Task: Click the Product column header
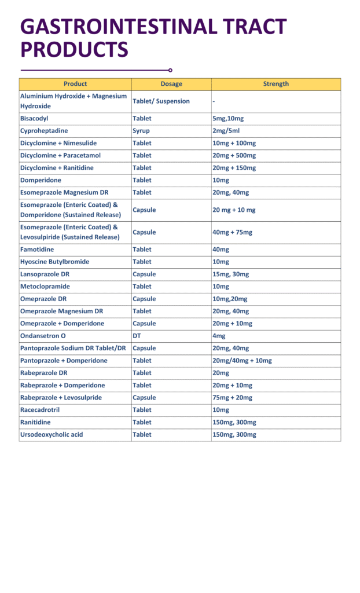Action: tap(75, 84)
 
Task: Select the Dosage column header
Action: tap(171, 84)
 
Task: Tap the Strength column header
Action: tap(275, 84)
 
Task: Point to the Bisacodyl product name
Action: tap(35, 118)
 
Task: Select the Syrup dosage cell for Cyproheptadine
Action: tap(141, 131)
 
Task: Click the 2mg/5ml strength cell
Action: tap(225, 131)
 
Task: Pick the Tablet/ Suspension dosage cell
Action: tap(161, 101)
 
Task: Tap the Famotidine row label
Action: tap(38, 250)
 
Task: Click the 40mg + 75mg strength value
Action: tap(232, 232)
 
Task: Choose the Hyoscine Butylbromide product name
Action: tap(54, 262)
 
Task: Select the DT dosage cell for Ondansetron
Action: tap(137, 336)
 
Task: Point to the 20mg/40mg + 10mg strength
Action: tap(242, 361)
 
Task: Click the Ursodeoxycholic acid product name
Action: tap(52, 434)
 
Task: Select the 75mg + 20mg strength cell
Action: tap(232, 398)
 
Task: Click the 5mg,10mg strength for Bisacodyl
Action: tap(228, 118)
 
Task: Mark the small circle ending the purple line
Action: tap(170, 70)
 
